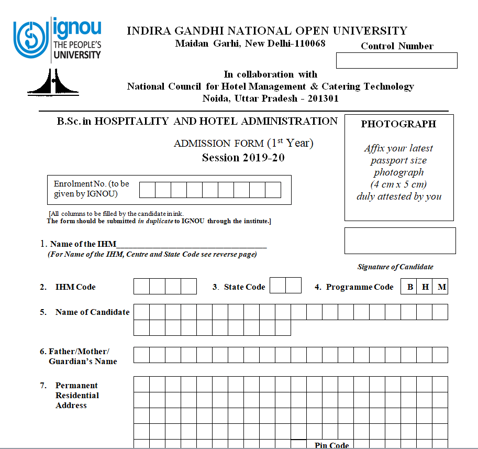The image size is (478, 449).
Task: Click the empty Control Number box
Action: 396,61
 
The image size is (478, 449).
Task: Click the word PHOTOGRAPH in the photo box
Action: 398,124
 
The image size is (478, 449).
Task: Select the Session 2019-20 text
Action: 243,158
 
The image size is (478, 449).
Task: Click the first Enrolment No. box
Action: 147,190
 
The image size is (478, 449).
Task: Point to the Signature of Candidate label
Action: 395,267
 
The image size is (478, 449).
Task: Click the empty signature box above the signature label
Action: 400,241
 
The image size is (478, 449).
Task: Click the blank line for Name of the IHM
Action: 192,244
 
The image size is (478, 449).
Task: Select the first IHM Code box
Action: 141,287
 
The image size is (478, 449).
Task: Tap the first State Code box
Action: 277,286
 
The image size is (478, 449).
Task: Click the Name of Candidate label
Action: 92,312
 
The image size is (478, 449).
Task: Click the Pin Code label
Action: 331,445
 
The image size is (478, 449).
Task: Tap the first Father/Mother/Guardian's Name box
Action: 141,355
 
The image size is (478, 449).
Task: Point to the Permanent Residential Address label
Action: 76,396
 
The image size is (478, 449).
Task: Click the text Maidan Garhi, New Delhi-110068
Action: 250,43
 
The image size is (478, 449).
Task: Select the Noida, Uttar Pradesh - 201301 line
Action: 270,98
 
